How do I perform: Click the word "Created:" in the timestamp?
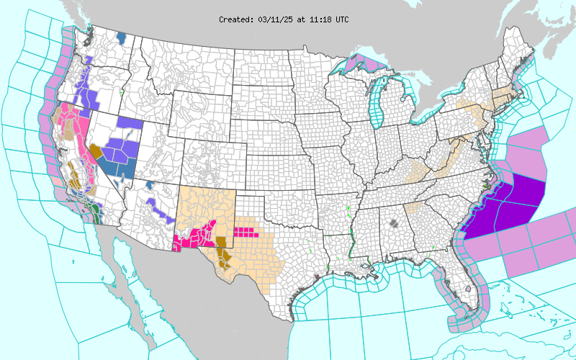click(236, 19)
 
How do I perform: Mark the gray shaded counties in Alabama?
click(393, 223)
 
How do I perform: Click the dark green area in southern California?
click(98, 213)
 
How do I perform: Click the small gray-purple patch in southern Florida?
click(468, 289)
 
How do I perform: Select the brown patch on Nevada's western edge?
click(94, 150)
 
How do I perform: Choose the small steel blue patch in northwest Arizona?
click(149, 185)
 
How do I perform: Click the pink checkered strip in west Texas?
click(245, 232)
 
